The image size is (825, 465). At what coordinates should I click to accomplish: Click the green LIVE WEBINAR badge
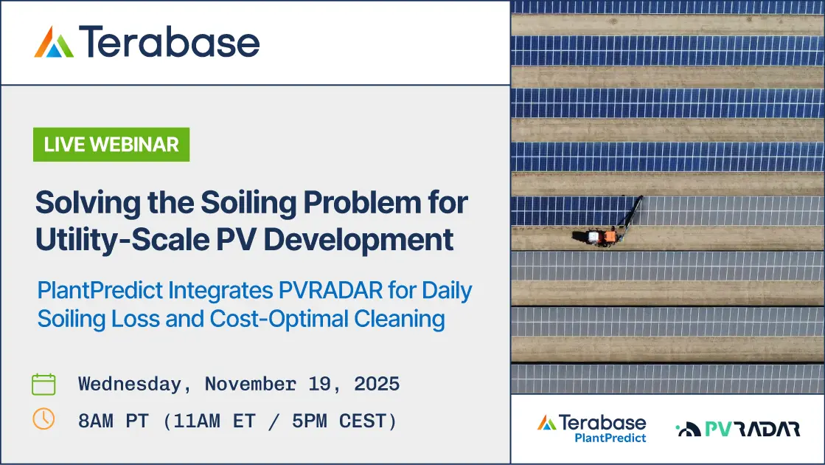[111, 144]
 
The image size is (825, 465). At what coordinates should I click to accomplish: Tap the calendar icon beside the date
[43, 384]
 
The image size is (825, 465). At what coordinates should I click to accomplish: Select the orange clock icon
[43, 419]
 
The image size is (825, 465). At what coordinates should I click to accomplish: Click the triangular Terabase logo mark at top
[54, 41]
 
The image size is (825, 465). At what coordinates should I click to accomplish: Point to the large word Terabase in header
[170, 41]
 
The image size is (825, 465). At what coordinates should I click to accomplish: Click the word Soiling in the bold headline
[248, 203]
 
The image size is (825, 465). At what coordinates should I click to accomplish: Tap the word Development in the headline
[358, 240]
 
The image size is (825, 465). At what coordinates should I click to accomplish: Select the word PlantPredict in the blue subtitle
[100, 290]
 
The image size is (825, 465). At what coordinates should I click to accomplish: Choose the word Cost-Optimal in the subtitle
[279, 319]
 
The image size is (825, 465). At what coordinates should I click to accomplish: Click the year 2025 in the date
[377, 384]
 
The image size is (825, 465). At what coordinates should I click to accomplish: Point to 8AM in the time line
[95, 421]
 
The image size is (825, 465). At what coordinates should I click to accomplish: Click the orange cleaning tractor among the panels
[597, 237]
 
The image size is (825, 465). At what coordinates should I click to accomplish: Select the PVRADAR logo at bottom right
[738, 429]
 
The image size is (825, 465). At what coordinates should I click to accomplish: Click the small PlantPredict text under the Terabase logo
[610, 438]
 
